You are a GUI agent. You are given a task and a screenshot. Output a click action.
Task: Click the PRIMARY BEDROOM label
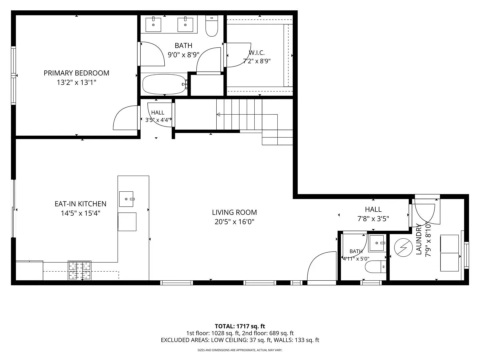pos(76,73)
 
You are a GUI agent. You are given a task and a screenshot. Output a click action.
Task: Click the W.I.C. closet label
pos(257,53)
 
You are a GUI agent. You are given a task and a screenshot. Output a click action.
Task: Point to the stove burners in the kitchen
pos(80,271)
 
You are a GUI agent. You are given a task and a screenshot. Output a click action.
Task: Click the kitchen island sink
pos(126,199)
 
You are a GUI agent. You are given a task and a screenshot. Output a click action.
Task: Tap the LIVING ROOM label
pos(234,212)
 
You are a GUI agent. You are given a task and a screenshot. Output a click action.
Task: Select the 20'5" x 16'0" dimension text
pos(234,222)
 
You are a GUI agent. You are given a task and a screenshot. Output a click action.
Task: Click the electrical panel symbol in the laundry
pos(403,247)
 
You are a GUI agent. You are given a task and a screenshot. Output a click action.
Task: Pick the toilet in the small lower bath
pos(376,267)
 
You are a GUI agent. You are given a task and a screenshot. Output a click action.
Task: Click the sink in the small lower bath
pos(377,243)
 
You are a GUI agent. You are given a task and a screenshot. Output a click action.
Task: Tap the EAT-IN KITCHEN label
pos(80,204)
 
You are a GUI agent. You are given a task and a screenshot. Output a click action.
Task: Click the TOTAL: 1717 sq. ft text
pos(240,326)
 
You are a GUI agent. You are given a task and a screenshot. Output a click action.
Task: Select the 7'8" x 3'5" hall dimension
pos(373,219)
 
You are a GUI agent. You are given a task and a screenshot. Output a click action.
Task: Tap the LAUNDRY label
pos(419,239)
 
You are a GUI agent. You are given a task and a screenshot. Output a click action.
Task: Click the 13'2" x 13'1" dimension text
pos(77,83)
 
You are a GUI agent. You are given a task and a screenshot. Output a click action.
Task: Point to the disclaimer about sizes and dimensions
pos(240,350)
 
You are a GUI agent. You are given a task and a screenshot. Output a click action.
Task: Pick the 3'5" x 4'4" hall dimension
pos(158,120)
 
